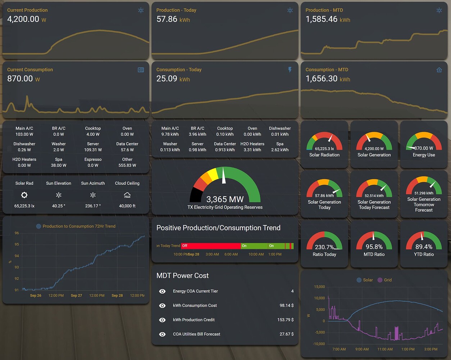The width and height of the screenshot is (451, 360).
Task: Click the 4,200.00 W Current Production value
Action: (23, 19)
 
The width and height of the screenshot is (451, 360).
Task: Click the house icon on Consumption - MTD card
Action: (439, 70)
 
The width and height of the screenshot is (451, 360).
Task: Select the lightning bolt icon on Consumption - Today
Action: (290, 70)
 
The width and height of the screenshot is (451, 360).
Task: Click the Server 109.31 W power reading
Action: (93, 150)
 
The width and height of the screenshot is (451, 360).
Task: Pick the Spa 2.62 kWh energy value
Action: (280, 150)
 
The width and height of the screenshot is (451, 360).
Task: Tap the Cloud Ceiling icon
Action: (127, 195)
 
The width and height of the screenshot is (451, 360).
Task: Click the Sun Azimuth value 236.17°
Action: (93, 206)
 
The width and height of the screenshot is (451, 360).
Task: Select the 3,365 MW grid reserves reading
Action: (225, 199)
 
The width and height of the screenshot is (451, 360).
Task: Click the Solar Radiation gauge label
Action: (324, 155)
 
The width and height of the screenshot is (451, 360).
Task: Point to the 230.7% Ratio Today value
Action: (324, 247)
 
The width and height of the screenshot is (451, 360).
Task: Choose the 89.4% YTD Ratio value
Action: (424, 247)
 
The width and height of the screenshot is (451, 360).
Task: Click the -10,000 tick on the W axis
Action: (319, 344)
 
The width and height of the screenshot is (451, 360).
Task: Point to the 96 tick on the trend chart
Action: (17, 233)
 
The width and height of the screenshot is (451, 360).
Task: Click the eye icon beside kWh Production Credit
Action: (162, 320)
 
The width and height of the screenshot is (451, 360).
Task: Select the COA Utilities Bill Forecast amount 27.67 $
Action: (286, 334)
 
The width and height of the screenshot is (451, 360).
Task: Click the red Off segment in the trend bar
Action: (211, 246)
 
